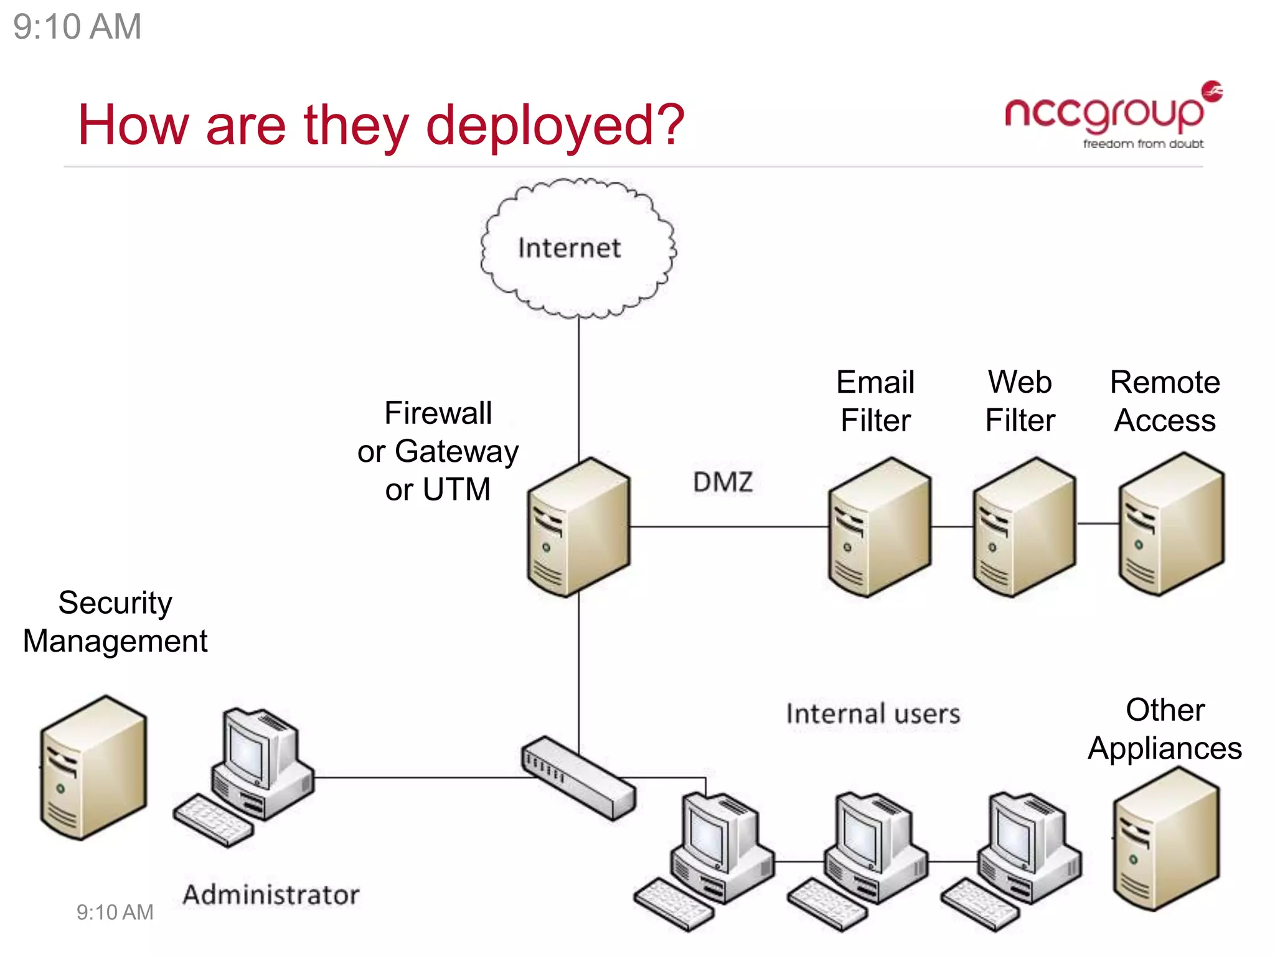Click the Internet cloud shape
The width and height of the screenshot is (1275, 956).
578,248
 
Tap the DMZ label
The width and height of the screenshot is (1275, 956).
723,482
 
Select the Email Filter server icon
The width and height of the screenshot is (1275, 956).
878,528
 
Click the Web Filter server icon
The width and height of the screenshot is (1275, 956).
1024,528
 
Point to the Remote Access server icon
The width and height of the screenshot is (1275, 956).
1170,525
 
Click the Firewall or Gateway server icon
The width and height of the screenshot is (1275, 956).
578,528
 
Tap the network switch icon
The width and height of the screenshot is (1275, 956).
578,778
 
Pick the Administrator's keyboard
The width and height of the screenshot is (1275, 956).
214,820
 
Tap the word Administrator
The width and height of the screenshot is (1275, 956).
271,895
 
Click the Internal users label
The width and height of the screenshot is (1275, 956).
873,714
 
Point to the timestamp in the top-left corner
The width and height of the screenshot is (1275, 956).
77,27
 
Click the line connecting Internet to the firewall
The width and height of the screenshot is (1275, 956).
578,386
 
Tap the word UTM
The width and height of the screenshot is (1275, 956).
456,489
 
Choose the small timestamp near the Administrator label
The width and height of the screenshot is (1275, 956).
115,912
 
